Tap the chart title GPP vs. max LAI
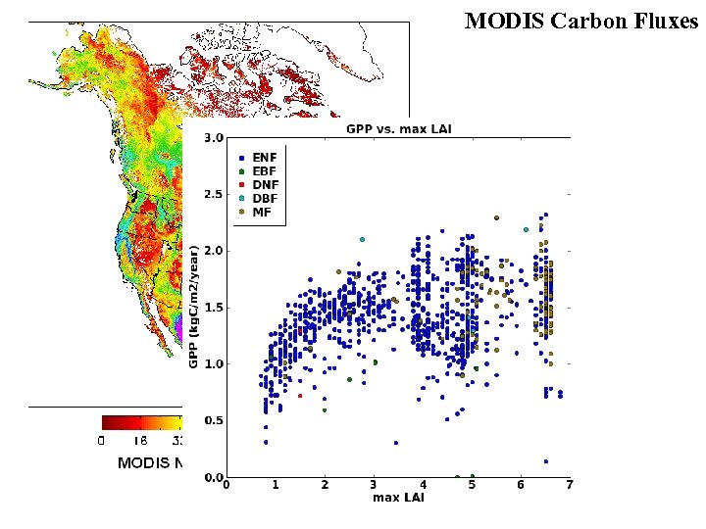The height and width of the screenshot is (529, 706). coord(398,129)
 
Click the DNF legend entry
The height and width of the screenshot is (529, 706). coord(264,184)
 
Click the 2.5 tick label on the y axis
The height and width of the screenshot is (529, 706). coord(213,194)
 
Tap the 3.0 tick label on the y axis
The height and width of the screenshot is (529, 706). coord(213,138)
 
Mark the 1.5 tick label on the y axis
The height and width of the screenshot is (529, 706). coord(213,308)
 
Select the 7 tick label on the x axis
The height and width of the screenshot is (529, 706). coord(569,485)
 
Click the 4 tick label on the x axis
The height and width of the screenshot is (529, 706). coord(423,485)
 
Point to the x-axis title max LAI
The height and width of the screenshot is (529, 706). coord(397,498)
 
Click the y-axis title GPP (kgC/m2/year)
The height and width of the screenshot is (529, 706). coord(193,307)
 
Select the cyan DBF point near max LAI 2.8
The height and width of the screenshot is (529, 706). coord(362,239)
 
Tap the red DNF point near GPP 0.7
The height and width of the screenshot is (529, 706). coord(300,396)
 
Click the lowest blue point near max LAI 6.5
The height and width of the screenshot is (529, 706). coord(545,461)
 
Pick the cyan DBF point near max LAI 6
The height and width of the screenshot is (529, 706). coord(527,229)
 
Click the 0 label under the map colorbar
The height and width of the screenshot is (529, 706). coord(102,441)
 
